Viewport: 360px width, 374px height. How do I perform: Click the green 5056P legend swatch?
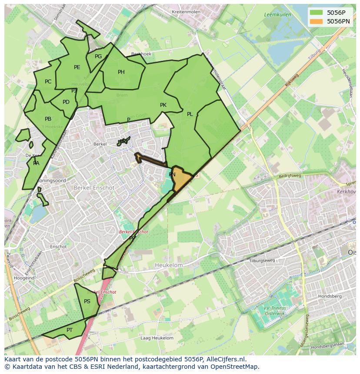[x=317, y=13]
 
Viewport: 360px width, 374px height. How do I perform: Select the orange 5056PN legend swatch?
[x=317, y=21]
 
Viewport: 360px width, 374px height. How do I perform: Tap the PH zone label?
[x=121, y=72]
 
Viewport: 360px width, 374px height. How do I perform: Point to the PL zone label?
[x=190, y=114]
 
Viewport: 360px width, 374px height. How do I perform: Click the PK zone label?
[x=163, y=105]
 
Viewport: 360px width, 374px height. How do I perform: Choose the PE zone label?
[x=77, y=67]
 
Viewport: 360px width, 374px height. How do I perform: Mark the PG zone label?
[x=98, y=56]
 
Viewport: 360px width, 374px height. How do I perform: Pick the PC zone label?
[x=48, y=82]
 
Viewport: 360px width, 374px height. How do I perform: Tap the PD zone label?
[x=66, y=102]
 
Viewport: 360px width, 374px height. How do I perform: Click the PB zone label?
[x=48, y=119]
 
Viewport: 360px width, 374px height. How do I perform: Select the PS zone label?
[x=87, y=301]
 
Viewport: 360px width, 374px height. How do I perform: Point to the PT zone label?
[x=70, y=330]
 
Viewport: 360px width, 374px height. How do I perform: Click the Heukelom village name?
[x=169, y=265]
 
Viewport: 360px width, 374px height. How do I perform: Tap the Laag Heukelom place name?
[x=157, y=338]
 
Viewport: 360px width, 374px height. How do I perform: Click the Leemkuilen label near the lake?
[x=277, y=15]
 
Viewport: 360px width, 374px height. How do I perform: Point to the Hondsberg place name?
[x=330, y=296]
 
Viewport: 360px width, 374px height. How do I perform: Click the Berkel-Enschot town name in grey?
[x=94, y=188]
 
